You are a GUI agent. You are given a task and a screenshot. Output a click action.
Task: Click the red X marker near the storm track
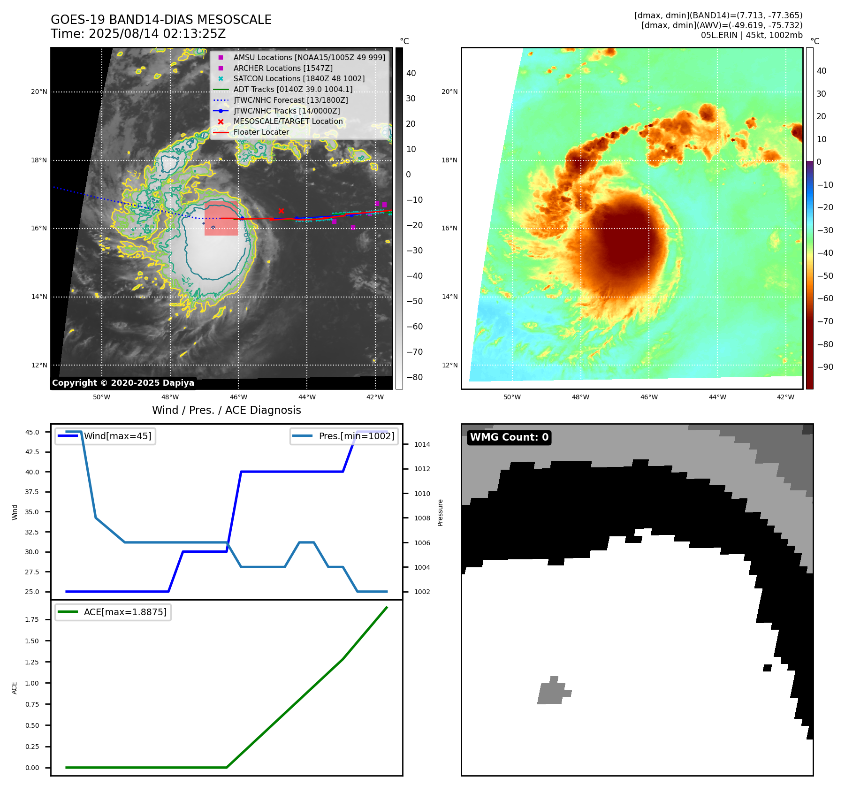point(281,211)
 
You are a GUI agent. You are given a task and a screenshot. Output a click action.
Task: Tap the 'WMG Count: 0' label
point(509,437)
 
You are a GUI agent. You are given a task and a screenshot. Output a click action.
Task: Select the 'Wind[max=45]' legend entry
point(117,436)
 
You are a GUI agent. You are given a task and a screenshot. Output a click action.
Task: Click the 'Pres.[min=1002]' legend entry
point(356,436)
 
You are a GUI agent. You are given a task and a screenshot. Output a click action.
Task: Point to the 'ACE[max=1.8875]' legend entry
point(125,612)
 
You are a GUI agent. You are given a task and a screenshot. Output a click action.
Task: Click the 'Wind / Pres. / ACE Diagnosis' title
point(226,410)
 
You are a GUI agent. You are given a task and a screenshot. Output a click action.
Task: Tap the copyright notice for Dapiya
point(123,383)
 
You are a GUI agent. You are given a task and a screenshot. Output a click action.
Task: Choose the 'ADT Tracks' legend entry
point(293,89)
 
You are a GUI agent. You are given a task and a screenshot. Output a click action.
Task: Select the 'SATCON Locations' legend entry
point(299,78)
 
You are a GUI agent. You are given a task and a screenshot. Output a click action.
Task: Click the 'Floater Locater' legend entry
point(261,132)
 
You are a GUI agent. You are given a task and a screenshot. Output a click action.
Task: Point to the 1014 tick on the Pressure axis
point(422,444)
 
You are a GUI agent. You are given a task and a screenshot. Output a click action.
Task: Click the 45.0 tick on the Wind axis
point(32,432)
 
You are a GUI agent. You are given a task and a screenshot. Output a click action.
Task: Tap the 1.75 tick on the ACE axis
point(32,619)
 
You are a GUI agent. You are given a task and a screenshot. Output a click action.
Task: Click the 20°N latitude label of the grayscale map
point(39,91)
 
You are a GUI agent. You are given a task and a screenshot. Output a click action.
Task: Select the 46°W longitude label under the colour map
point(649,397)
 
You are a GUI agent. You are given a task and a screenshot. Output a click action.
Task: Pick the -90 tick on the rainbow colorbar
point(825,367)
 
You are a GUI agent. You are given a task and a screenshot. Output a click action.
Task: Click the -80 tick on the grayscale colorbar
point(414,377)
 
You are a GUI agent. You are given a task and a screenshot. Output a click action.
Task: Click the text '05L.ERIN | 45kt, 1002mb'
point(751,35)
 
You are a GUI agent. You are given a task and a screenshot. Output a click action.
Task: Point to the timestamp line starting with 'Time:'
point(138,34)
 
